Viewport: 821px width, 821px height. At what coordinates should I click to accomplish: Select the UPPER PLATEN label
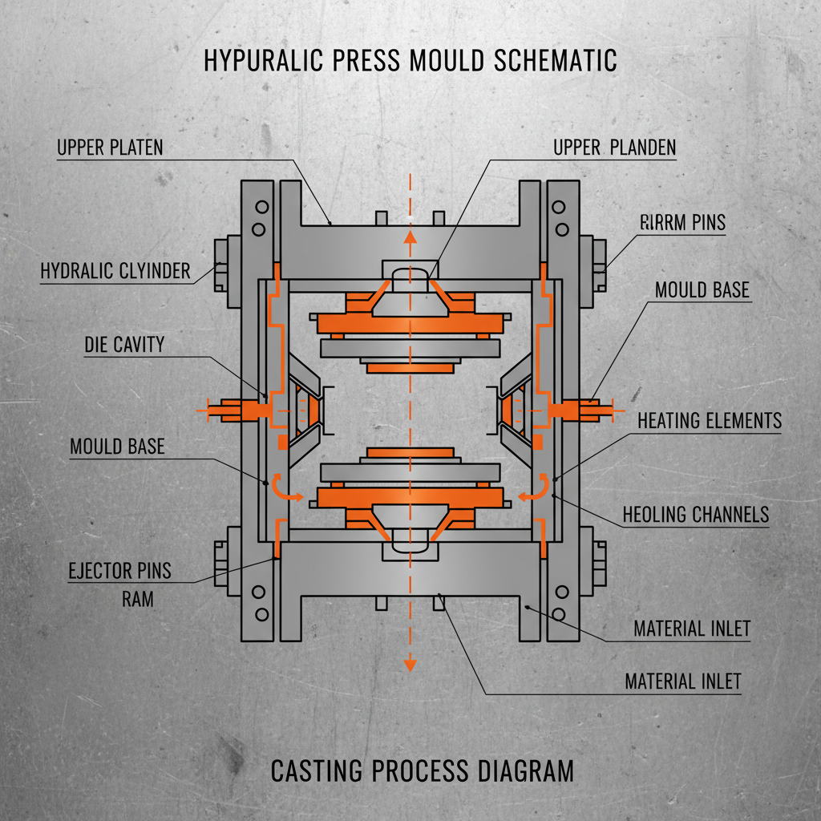[110, 148]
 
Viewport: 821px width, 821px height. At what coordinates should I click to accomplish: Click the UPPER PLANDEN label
[614, 148]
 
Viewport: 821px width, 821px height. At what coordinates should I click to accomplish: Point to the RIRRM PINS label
[683, 223]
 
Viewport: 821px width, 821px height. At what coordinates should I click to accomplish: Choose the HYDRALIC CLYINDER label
[115, 271]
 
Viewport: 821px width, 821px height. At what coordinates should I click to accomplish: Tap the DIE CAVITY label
[124, 345]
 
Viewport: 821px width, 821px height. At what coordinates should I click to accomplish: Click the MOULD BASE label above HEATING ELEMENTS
[702, 289]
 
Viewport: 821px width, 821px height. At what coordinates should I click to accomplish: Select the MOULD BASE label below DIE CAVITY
[117, 446]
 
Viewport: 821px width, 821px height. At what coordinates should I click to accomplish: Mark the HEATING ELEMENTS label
[709, 420]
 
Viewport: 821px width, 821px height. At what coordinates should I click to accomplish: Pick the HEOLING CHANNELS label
[695, 515]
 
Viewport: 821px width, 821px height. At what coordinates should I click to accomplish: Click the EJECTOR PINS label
[119, 572]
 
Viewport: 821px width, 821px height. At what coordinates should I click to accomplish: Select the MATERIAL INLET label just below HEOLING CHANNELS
[691, 629]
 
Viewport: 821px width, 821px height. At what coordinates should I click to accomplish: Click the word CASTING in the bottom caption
[316, 771]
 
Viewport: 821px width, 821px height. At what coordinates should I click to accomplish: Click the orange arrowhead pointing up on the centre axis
[410, 236]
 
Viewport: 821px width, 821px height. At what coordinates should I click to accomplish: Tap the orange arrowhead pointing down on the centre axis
[410, 663]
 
